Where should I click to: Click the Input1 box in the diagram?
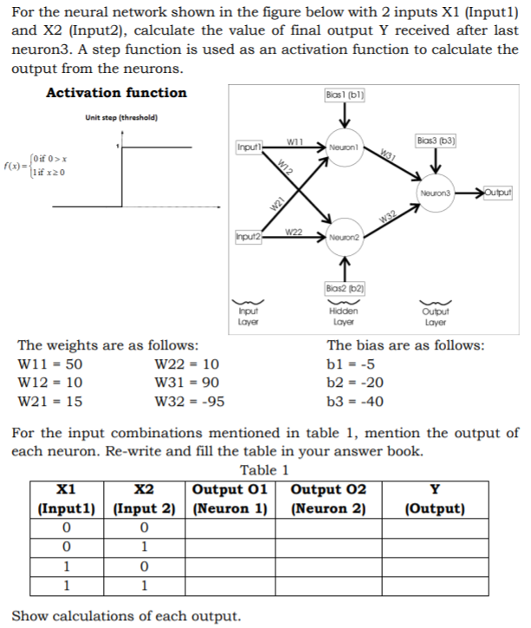249,147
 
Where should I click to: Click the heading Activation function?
115,93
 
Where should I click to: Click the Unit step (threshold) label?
121,118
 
